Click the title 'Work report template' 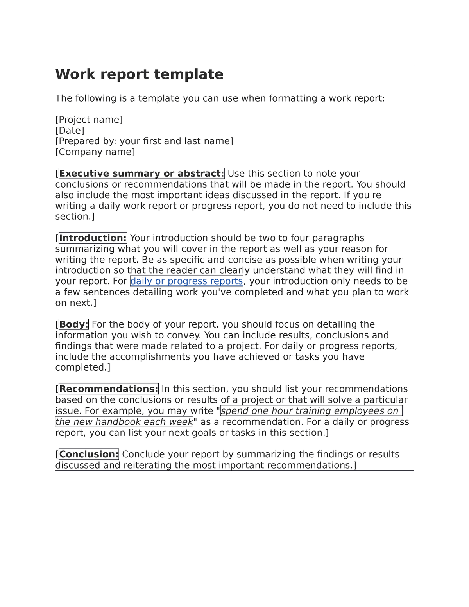tap(140, 74)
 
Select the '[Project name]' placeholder tap(89, 120)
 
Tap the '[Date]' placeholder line tap(70, 131)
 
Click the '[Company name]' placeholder tap(95, 152)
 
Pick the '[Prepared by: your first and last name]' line tap(144, 141)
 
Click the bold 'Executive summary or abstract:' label tap(141, 174)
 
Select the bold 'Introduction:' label tap(93, 238)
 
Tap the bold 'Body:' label tap(74, 324)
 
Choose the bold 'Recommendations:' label tap(109, 389)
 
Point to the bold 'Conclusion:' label tap(89, 454)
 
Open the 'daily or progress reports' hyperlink tap(186, 281)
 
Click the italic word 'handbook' tap(119, 422)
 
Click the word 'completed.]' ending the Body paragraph tap(83, 367)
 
